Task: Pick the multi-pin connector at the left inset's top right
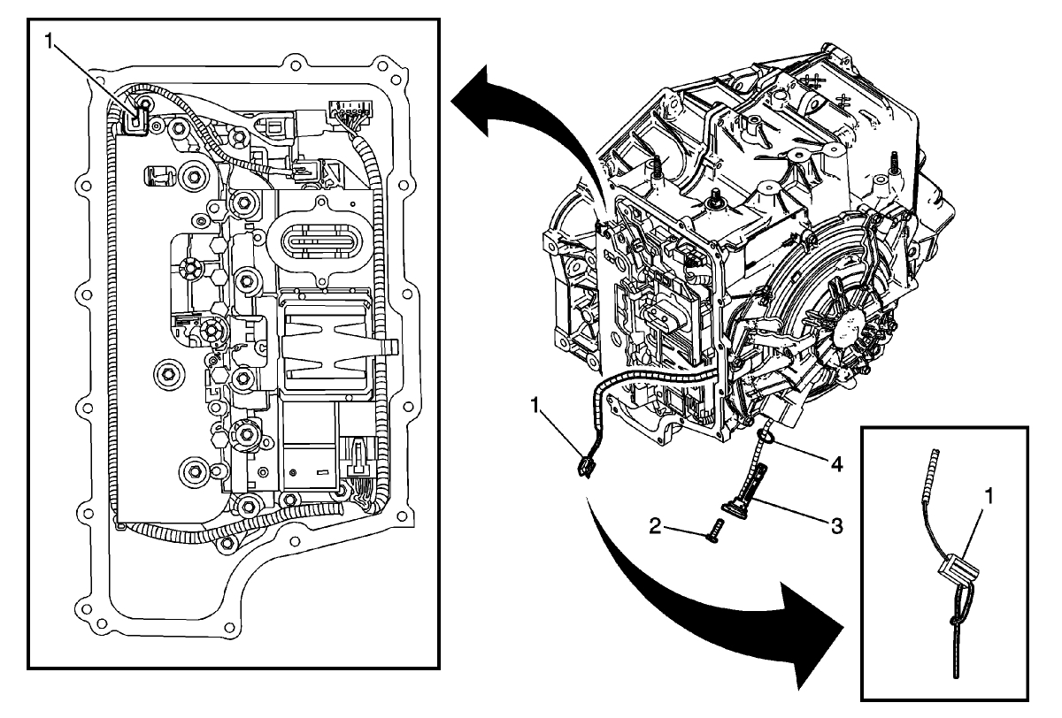click(348, 112)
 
